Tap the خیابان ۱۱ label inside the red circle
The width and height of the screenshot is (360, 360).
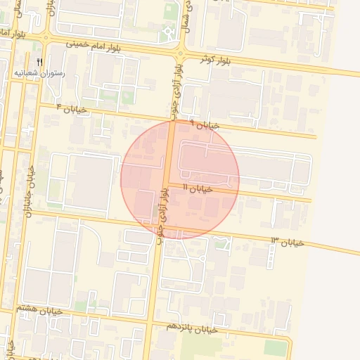(198, 188)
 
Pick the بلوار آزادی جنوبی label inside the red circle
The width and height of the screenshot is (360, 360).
(165, 212)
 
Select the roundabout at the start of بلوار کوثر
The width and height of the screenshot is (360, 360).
(181, 53)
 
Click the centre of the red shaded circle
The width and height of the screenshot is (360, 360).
(180, 180)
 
